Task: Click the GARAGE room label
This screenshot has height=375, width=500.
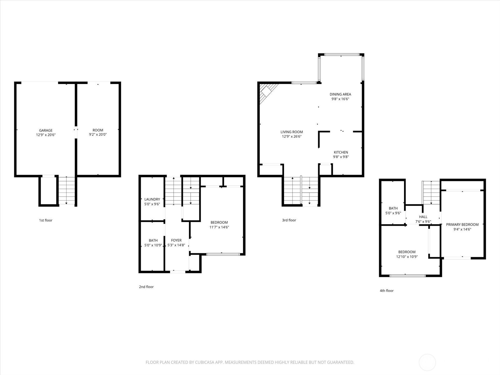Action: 46,130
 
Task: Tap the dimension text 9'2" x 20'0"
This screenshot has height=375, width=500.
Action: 98,135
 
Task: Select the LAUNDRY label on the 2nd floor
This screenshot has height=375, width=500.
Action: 152,199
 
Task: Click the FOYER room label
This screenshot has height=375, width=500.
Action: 176,240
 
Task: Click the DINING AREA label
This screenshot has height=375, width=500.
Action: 340,94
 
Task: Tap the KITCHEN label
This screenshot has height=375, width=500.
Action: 341,152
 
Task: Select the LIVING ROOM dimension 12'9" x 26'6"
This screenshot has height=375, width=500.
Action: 292,137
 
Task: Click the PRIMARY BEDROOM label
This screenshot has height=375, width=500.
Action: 462,224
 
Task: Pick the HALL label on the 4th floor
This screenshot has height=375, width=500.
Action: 423,217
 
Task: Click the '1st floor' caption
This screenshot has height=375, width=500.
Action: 46,220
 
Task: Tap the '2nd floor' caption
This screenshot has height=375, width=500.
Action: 146,287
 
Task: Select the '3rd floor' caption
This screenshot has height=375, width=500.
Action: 289,220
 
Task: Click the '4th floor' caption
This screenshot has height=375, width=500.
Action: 387,291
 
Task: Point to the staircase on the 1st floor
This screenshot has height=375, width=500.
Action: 67,190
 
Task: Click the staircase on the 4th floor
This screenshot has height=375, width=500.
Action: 431,192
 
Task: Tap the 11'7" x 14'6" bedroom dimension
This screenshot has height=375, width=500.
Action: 219,227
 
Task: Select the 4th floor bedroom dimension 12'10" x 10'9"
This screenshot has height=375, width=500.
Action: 407,257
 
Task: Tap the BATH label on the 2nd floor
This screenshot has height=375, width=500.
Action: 153,240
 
